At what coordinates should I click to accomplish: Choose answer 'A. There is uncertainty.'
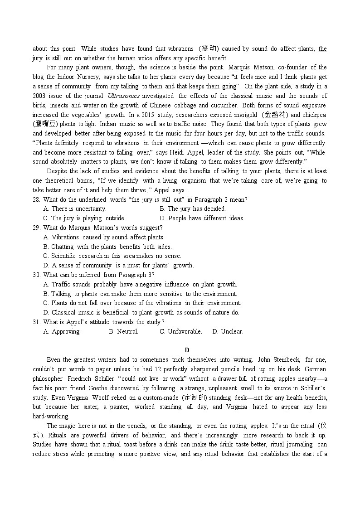tap(74, 209)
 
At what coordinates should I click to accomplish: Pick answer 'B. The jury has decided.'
tap(192, 209)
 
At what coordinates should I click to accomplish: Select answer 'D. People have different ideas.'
tap(202, 218)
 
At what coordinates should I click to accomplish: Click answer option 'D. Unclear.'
tap(228, 331)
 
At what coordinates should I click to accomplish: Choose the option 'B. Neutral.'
tap(123, 331)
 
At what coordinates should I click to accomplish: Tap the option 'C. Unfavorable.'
tap(180, 331)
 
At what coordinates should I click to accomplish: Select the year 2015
tap(149, 115)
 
